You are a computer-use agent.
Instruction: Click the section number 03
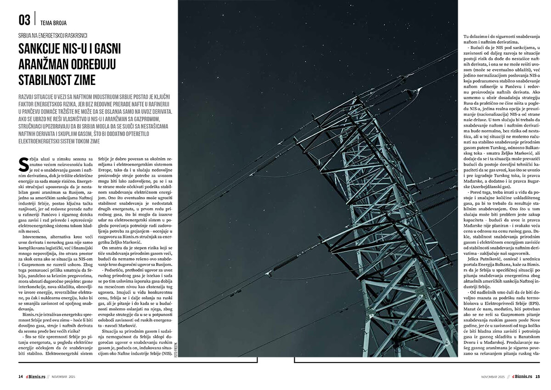click(x=24, y=20)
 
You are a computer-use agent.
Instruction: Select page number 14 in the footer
click(x=21, y=377)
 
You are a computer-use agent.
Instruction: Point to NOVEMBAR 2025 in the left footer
click(x=63, y=377)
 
